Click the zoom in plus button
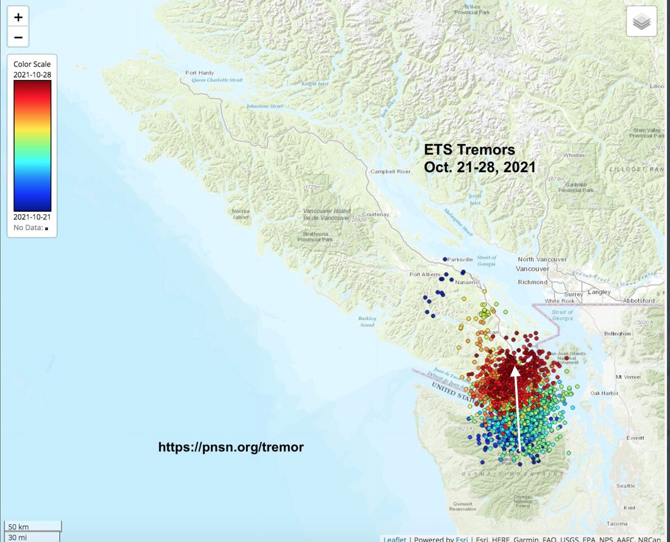coord(18,17)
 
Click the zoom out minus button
coord(18,37)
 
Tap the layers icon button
coord(642,22)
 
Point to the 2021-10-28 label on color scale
coord(32,74)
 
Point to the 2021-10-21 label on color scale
coord(32,217)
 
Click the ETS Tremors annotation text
coord(469,150)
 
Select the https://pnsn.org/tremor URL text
coord(231,447)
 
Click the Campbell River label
coord(390,172)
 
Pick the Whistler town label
coord(574,155)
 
